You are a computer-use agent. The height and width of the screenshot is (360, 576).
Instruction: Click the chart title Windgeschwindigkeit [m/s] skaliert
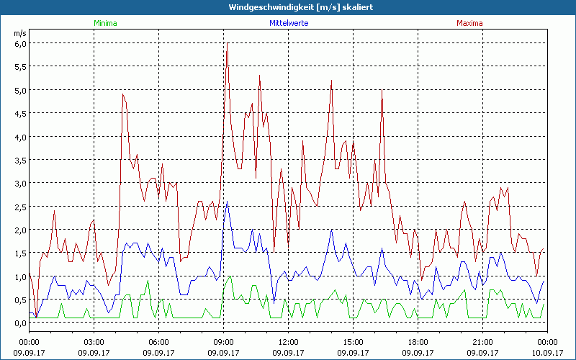tap(288, 6)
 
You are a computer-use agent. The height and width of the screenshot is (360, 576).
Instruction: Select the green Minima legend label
tap(105, 23)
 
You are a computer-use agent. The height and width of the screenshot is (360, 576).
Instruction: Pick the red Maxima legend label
tap(469, 23)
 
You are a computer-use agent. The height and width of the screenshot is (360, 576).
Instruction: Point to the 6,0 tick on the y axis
tap(20, 43)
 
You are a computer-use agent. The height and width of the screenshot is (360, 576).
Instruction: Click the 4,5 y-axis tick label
tap(20, 113)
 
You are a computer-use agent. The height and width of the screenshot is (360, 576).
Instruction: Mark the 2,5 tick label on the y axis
tap(20, 207)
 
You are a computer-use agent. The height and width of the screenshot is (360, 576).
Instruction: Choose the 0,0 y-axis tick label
tap(20, 323)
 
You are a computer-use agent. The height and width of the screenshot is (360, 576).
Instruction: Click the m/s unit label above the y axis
tap(19, 33)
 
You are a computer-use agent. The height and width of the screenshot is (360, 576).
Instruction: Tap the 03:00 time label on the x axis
tap(94, 342)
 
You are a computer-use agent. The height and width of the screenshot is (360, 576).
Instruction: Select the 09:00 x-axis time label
tap(223, 342)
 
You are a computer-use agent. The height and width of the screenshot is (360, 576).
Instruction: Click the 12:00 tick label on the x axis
tap(288, 342)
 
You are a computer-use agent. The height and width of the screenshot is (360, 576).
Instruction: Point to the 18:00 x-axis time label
tap(418, 342)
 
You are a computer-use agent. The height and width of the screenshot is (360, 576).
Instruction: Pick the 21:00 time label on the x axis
tap(482, 342)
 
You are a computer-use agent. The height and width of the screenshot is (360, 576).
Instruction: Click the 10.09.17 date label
tap(547, 353)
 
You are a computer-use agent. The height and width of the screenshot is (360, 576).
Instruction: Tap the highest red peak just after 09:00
tap(227, 43)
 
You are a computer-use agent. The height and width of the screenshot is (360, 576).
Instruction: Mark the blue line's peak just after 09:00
tap(227, 202)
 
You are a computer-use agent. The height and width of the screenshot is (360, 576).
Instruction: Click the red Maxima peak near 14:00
tap(331, 81)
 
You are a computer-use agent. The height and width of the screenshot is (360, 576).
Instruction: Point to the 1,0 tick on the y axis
tap(20, 276)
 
